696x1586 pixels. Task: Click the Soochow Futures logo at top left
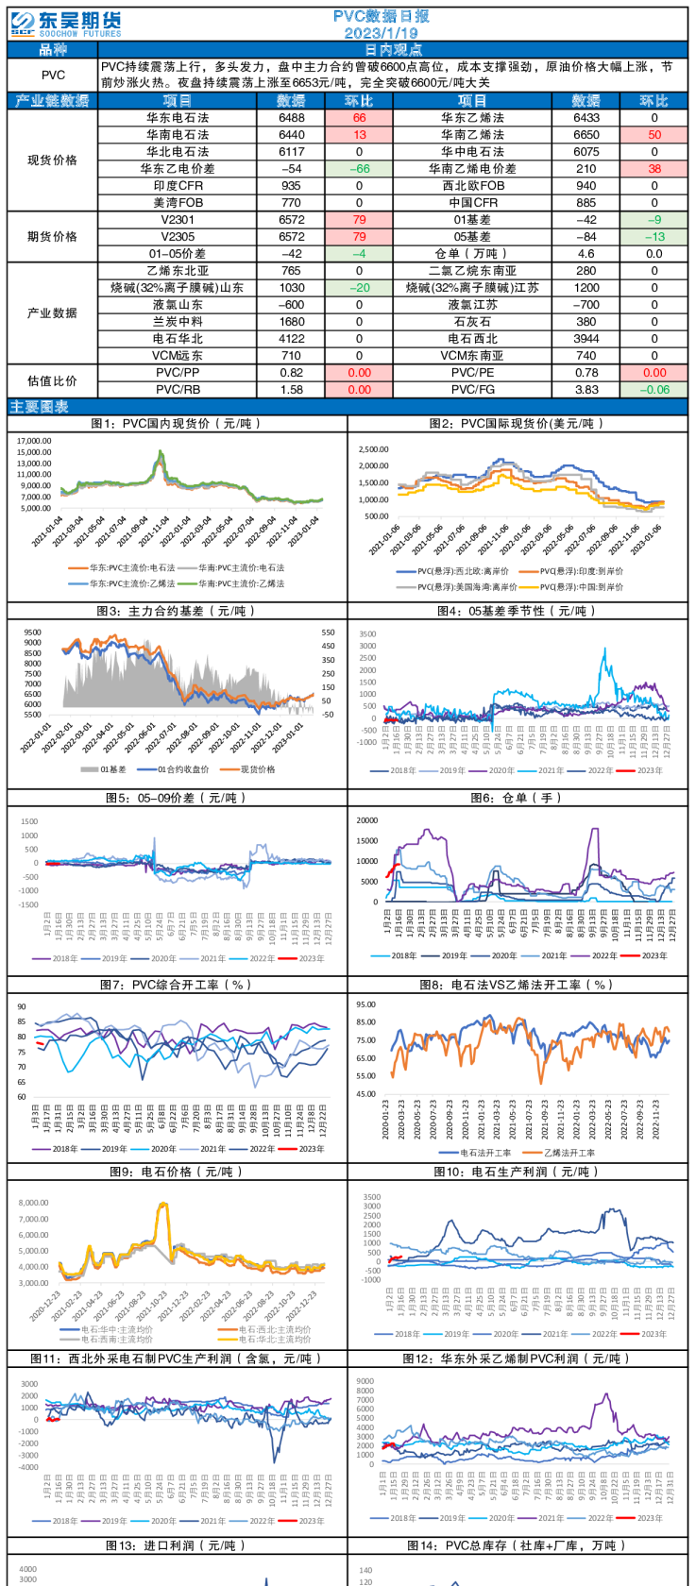(64, 24)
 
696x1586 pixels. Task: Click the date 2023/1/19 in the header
(381, 33)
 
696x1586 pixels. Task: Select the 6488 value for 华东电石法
(292, 118)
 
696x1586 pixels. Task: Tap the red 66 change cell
(359, 118)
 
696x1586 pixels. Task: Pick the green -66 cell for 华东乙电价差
(359, 169)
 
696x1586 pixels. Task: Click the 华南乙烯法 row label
(472, 135)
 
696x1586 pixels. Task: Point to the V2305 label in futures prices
(178, 237)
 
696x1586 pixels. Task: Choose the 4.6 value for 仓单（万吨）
(586, 254)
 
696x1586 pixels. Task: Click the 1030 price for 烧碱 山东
(292, 288)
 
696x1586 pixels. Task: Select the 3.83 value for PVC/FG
(586, 389)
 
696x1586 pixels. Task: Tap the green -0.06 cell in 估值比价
(654, 389)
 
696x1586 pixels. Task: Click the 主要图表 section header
(39, 407)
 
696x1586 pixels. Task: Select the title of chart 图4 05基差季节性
(518, 611)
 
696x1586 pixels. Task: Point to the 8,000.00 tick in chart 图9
(33, 1203)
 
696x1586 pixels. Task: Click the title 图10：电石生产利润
(517, 1172)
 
